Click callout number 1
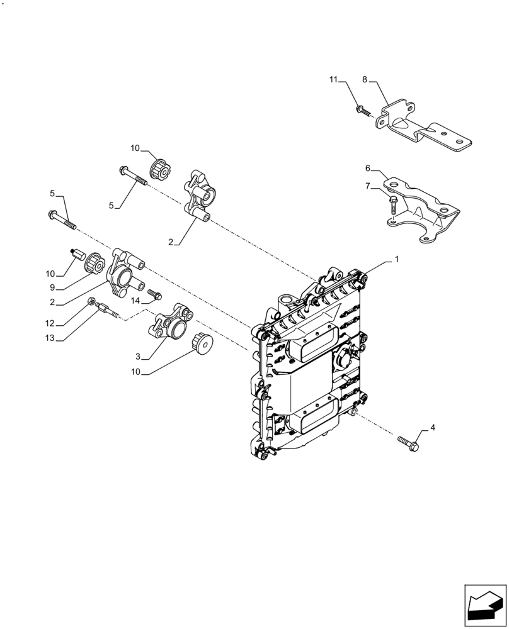click(x=396, y=259)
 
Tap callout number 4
click(x=432, y=428)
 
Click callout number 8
click(x=365, y=79)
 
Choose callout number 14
click(x=135, y=301)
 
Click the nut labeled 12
click(x=92, y=302)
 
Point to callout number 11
click(x=333, y=79)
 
